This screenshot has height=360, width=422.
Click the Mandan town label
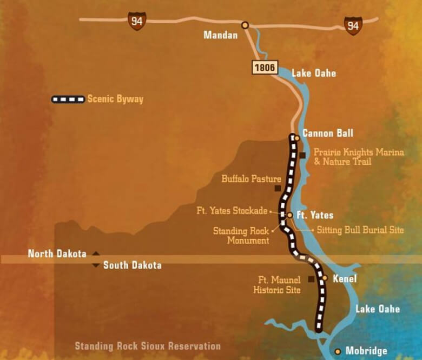(x=220, y=36)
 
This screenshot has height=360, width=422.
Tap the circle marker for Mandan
(x=245, y=25)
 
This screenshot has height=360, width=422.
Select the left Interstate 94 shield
(x=137, y=21)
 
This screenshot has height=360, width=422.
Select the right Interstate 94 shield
(x=353, y=25)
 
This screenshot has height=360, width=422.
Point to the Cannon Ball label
(x=328, y=133)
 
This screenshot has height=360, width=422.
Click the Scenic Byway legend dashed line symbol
(x=68, y=99)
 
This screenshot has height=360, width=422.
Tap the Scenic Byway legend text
(x=115, y=99)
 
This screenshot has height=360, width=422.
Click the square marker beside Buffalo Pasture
(x=278, y=189)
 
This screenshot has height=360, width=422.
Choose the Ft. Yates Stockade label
(x=232, y=211)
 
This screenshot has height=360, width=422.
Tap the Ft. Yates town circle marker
(x=289, y=215)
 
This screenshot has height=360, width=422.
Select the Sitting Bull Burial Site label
(x=360, y=230)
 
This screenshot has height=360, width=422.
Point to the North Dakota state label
(x=57, y=254)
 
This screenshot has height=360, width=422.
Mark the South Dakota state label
(x=132, y=265)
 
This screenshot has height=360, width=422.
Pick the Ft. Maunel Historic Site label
(x=277, y=285)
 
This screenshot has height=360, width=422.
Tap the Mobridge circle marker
(x=338, y=351)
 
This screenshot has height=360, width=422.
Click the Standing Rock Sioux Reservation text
(x=148, y=346)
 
